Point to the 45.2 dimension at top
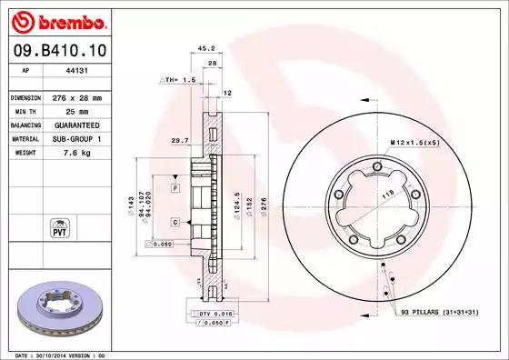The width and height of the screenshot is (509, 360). [205, 49]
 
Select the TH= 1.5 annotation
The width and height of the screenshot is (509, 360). [179, 80]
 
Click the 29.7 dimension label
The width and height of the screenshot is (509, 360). [179, 141]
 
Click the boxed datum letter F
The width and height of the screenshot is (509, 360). [175, 186]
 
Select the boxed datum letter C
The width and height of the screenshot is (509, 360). [175, 222]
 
